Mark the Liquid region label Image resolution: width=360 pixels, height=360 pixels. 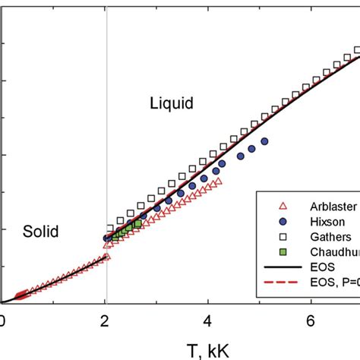[x=172, y=102]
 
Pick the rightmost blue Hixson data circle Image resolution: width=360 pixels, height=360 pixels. [x=264, y=141]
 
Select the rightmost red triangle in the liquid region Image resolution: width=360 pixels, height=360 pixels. [x=218, y=182]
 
